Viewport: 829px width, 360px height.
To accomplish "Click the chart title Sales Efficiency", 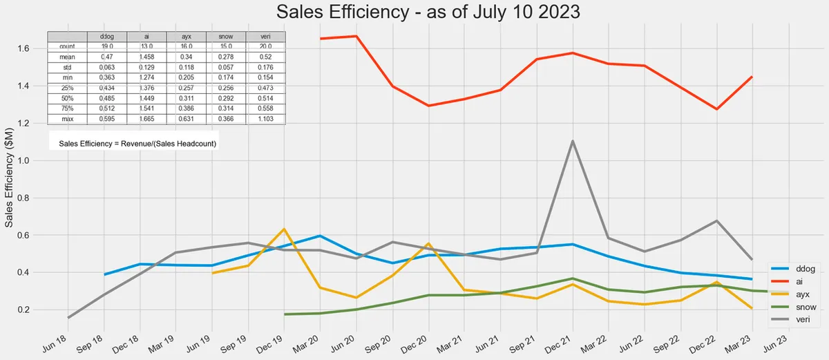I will click(414, 13).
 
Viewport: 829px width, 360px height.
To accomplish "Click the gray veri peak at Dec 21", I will click(573, 141).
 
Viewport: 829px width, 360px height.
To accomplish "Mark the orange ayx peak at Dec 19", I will click(284, 229).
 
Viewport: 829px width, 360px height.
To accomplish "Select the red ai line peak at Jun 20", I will click(356, 36).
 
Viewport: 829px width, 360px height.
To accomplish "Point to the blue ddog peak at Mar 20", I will click(320, 236).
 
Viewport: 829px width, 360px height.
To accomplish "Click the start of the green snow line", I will click(285, 314).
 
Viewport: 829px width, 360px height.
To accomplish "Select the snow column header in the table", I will click(226, 36).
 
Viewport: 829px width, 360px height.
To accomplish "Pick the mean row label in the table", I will click(67, 57).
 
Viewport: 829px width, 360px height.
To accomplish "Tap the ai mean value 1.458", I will click(146, 57).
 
